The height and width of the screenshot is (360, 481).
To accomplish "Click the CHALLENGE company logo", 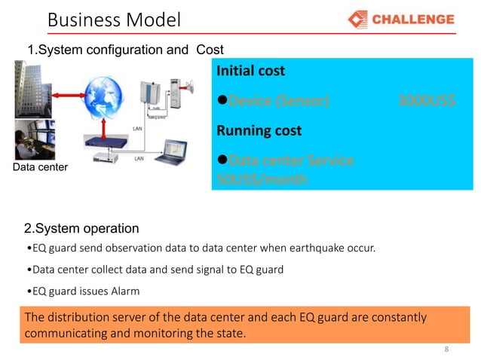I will pos(401,19).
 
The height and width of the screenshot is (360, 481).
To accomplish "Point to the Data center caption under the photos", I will pos(39,168).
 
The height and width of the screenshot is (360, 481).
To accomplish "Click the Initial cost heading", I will pos(251,72).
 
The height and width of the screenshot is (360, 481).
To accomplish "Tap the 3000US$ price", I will pos(426,100).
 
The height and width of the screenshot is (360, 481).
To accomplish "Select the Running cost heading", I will pos(259,130).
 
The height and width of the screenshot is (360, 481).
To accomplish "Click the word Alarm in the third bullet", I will pos(124,291).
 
